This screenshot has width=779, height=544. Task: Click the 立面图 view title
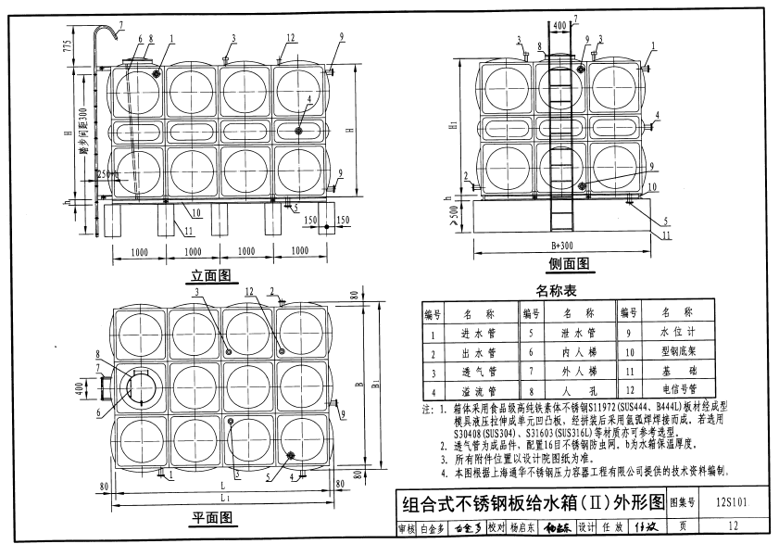point(209,275)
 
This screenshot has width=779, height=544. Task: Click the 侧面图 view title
point(569,264)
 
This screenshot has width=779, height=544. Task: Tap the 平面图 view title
point(211,516)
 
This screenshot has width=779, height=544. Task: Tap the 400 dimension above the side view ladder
point(559,25)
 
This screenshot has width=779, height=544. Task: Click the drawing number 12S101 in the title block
point(732,505)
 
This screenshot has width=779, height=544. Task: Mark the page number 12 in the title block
point(733,528)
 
